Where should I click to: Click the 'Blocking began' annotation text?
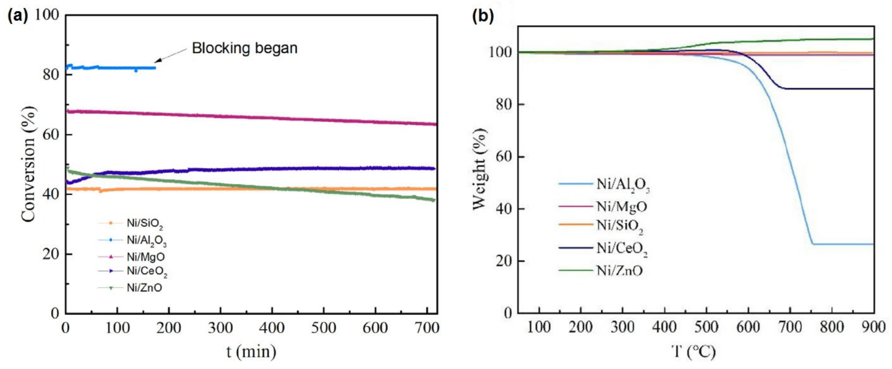click(244, 48)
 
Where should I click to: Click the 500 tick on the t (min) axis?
click(323, 328)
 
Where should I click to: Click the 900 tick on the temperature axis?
click(873, 327)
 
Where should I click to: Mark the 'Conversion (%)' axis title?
click(29, 164)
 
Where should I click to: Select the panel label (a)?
click(17, 16)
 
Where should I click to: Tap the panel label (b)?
click(483, 16)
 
